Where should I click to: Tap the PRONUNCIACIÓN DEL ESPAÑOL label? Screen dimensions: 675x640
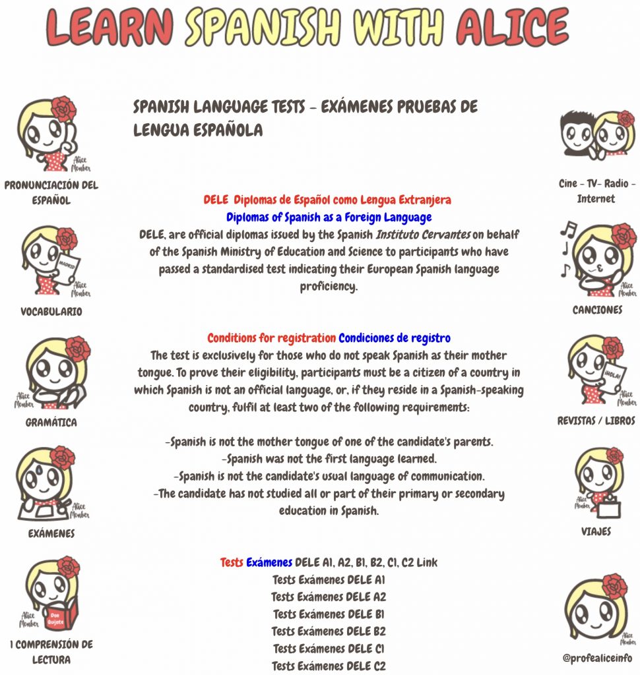(51, 192)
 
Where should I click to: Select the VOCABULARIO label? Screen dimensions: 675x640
(51, 312)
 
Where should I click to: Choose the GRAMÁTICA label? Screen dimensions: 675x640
(51, 423)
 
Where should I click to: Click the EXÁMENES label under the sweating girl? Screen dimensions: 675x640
(51, 533)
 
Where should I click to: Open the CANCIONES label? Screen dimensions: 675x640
(597, 310)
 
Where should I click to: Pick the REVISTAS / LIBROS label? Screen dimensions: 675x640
(596, 421)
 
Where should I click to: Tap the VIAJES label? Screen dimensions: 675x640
(596, 531)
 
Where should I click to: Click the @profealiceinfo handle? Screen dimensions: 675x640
(596, 658)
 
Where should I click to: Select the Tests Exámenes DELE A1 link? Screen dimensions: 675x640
(329, 580)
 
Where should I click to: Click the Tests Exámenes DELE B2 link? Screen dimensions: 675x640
(329, 631)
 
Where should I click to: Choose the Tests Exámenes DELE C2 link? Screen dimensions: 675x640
(329, 666)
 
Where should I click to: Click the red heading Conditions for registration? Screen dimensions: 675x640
(271, 338)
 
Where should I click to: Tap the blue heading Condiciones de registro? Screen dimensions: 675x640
(395, 338)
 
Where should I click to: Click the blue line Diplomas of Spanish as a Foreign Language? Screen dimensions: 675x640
(329, 217)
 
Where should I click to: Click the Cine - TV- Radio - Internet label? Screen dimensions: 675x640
(596, 191)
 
